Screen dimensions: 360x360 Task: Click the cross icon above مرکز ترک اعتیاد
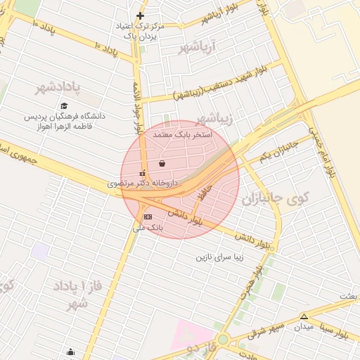click(141, 15)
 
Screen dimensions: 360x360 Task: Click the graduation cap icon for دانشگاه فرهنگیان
click(63, 105)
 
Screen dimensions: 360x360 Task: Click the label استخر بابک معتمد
click(177, 133)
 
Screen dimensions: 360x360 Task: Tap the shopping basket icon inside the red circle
click(162, 163)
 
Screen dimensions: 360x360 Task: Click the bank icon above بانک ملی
click(147, 217)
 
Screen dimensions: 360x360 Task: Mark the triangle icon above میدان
click(304, 316)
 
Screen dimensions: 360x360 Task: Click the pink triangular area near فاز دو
click(184, 334)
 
